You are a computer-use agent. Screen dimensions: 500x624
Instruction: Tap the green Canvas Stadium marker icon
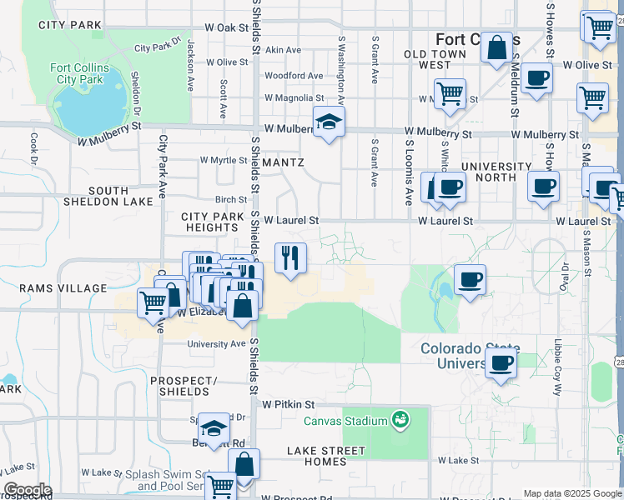[x=400, y=418]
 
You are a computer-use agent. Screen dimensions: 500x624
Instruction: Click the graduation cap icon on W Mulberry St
[x=330, y=122]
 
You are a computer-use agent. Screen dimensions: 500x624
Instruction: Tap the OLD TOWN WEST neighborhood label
[x=435, y=59]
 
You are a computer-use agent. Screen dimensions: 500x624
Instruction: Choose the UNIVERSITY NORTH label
[x=496, y=172]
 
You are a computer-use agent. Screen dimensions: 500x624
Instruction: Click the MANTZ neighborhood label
[x=283, y=162]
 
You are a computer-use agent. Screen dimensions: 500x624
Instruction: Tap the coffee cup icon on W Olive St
[x=537, y=78]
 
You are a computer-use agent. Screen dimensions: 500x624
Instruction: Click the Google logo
[x=27, y=491]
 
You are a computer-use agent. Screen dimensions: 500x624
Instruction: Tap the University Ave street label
[x=216, y=343]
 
